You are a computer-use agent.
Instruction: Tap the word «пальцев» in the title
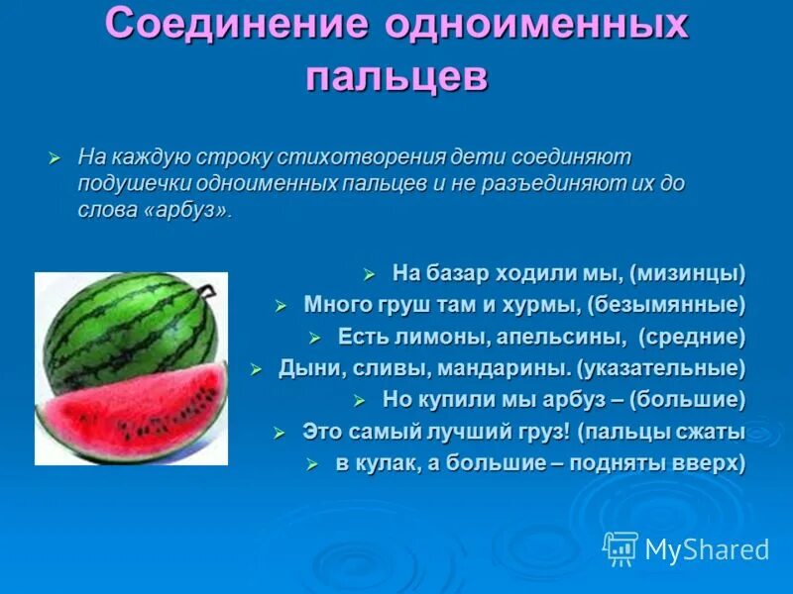pyautogui.click(x=396, y=77)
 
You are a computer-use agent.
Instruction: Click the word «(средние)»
pyautogui.click(x=691, y=337)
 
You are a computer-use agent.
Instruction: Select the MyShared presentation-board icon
pyautogui.click(x=621, y=548)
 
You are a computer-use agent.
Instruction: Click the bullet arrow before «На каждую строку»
pyautogui.click(x=56, y=158)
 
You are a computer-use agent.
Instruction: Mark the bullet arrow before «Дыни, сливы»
pyautogui.click(x=255, y=368)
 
